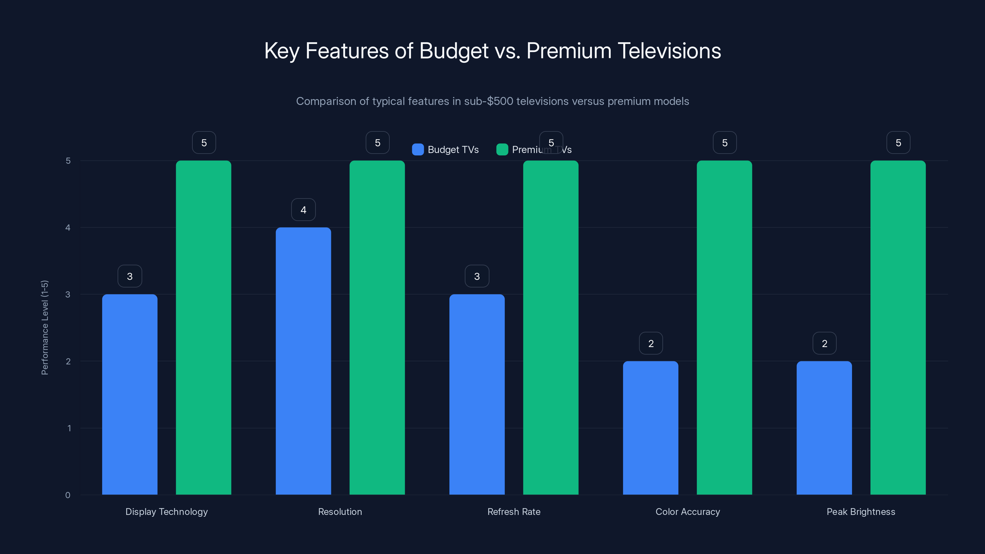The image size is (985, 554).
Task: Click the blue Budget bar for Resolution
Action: click(x=303, y=361)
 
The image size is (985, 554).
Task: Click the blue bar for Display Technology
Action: click(x=130, y=394)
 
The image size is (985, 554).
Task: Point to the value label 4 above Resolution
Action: click(x=303, y=210)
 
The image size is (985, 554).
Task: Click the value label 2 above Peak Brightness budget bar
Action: click(x=824, y=343)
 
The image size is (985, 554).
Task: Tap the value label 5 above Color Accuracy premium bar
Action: click(x=725, y=143)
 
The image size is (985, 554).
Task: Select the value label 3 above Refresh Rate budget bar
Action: click(x=477, y=276)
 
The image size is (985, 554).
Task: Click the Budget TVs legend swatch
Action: click(x=418, y=150)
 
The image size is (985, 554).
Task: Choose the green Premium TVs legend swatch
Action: click(x=502, y=150)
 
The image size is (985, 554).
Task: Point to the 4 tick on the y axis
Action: click(x=68, y=227)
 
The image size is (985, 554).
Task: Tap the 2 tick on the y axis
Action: click(x=68, y=361)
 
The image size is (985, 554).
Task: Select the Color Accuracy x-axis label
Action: click(x=688, y=512)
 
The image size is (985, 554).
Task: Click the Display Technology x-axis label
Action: click(x=166, y=512)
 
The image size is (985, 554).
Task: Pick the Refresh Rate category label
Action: click(x=513, y=512)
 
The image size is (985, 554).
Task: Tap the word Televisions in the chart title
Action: click(x=669, y=51)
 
